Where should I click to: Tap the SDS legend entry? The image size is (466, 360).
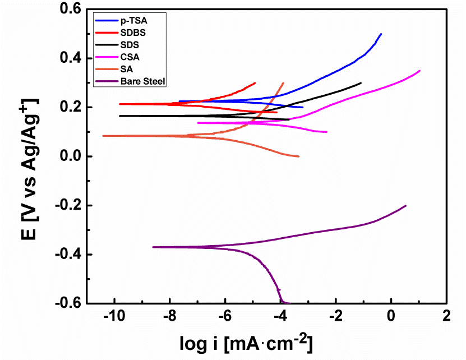point(127,44)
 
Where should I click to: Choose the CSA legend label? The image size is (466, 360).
point(128,57)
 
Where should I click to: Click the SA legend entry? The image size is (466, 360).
point(125,69)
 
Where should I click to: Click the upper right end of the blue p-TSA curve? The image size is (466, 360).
point(381,34)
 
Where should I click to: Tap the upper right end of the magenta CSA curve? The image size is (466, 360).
point(419,71)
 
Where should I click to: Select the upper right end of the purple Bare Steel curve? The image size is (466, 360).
point(405,206)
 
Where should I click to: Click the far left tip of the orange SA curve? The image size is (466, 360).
point(103,136)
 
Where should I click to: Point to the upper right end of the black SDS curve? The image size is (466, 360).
point(361,83)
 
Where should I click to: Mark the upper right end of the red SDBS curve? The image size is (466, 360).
point(255,83)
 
